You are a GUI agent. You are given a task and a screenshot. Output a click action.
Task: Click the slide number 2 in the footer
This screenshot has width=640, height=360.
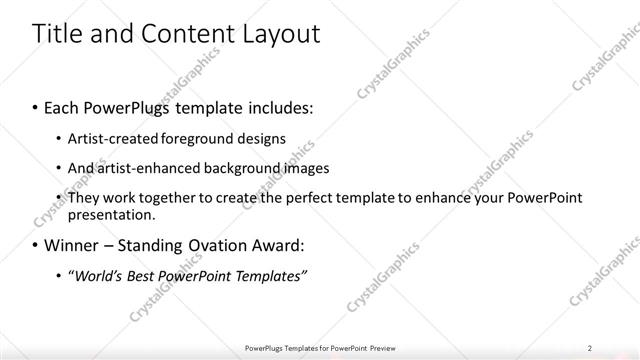[x=590, y=348]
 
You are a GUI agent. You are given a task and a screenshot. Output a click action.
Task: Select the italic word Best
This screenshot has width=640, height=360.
[x=147, y=275]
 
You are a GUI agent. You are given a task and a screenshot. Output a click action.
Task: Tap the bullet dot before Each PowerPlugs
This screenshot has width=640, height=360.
[x=36, y=106]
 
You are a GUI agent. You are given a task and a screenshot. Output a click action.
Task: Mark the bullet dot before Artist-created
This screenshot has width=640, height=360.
[x=57, y=139]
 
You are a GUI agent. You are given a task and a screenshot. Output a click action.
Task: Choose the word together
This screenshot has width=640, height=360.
[x=162, y=198]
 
